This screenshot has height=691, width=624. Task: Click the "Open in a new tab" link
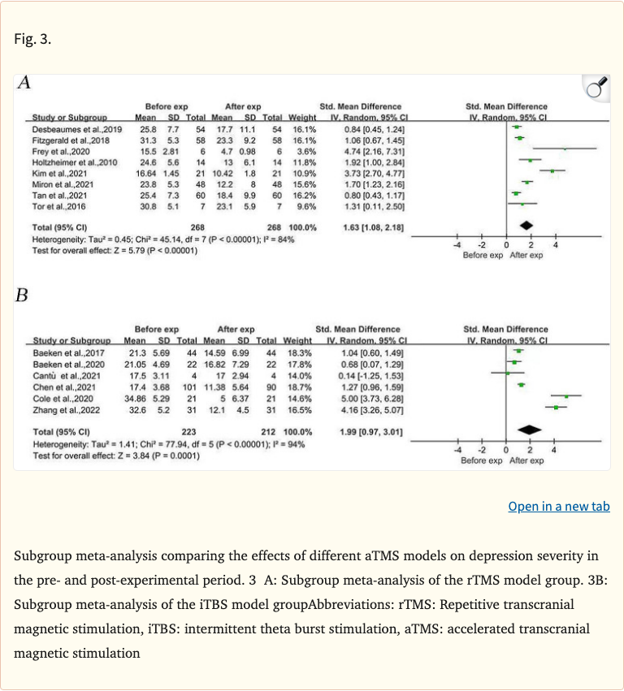pos(558,507)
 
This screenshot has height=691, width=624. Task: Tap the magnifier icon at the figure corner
pos(596,87)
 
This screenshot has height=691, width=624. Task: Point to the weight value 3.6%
pos(304,151)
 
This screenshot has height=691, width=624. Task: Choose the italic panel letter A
pos(24,83)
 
